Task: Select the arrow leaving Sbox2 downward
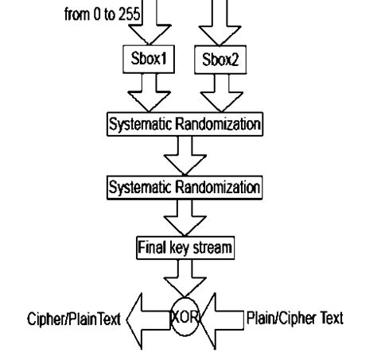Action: tap(215, 93)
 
